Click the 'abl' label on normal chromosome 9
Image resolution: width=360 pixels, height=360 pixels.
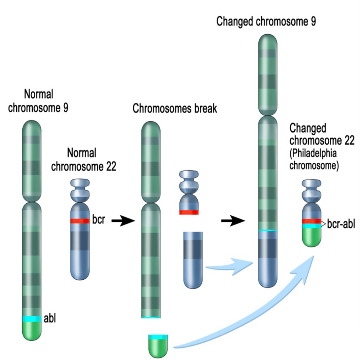50,318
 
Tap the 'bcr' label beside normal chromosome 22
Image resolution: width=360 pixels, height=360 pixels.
98,219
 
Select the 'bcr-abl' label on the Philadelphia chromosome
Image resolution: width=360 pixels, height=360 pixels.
341,224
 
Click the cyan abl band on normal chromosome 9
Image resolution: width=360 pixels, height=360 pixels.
32,319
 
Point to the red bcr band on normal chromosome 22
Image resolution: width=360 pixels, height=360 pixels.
80,221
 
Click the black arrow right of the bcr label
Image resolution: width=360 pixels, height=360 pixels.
123,221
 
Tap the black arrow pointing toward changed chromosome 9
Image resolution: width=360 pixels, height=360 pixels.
233,221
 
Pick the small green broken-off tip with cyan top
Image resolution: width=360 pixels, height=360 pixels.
158,346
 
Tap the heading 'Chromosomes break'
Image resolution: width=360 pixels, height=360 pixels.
175,108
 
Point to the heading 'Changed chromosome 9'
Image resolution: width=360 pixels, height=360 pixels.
266,21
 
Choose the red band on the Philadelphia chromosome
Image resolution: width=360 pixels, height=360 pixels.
312,221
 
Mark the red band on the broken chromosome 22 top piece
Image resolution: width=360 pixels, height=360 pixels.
189,212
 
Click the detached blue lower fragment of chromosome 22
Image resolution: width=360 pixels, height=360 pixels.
193,260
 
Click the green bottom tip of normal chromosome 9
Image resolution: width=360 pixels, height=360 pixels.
32,331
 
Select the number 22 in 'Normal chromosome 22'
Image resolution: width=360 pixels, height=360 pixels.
111,167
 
